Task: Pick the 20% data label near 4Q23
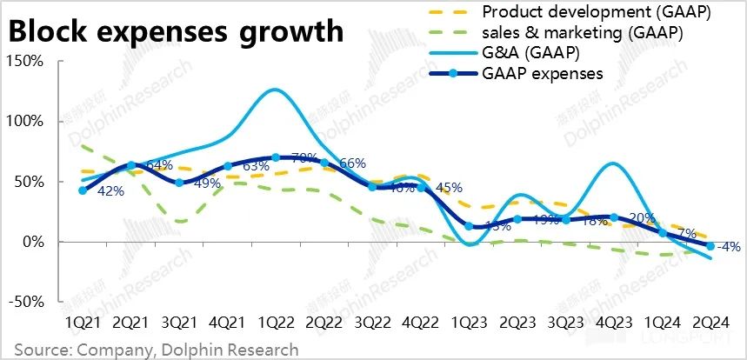[642, 218]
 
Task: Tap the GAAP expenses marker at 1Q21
[83, 190]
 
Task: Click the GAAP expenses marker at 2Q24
[710, 247]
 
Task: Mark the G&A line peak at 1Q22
[275, 90]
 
